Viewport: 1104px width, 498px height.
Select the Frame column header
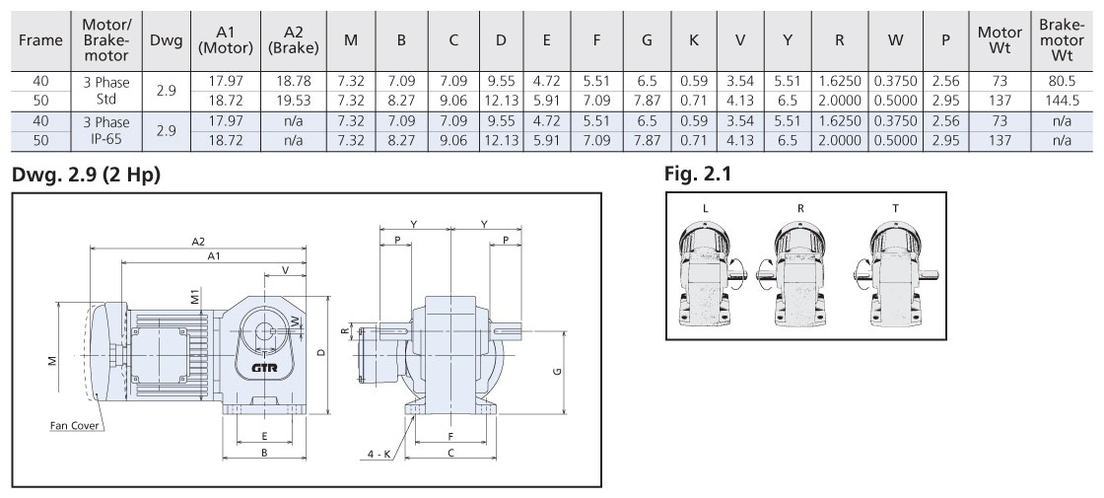point(40,40)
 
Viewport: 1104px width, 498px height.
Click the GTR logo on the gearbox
point(264,367)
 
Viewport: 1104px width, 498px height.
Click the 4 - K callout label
point(380,455)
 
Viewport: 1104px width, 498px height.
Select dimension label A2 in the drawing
point(198,242)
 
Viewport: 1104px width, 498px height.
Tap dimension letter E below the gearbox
point(264,435)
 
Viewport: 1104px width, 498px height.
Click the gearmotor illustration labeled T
point(895,275)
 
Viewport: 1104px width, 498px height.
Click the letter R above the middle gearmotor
point(799,209)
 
